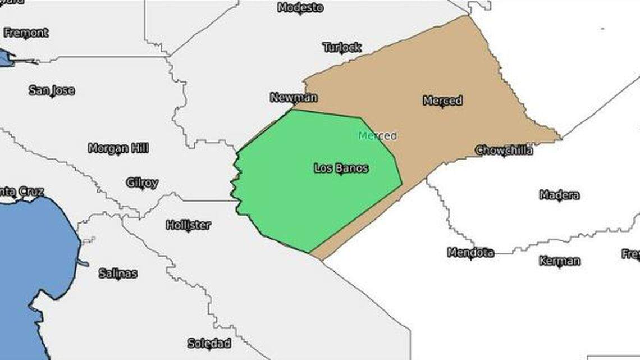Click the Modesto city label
300,8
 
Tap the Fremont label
26,33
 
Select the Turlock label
342,47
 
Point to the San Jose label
52,90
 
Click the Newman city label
294,98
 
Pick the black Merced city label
442,101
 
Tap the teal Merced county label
377,136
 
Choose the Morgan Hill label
118,148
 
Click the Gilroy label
142,183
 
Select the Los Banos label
341,168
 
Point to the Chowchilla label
504,151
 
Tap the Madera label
559,195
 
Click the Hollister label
189,225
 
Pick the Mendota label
470,253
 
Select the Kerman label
559,261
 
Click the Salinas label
118,274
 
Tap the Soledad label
209,343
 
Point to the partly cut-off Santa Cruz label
21,192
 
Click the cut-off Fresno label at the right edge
631,254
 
